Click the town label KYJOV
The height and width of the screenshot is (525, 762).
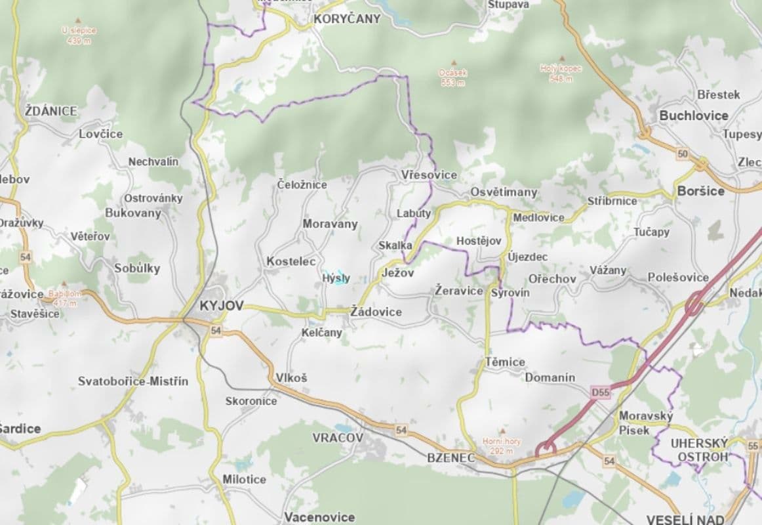pos(221,306)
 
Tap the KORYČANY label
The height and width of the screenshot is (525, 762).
pos(346,19)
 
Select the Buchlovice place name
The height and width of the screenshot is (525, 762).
pos(693,115)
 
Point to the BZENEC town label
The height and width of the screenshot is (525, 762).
pos(450,457)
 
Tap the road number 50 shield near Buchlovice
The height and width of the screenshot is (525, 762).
pos(683,154)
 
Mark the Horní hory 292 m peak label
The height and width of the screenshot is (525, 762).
pos(502,446)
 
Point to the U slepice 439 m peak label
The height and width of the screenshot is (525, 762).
pos(79,35)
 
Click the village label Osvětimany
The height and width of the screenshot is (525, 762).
pos(503,192)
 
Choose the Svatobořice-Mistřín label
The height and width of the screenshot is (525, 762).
pos(132,381)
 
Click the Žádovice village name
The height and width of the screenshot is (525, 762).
pos(376,312)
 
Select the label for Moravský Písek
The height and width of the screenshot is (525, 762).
pos(645,423)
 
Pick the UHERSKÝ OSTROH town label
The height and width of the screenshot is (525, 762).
pos(699,450)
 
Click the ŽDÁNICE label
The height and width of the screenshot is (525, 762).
pos(50,111)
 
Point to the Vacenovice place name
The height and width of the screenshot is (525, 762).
pos(319,517)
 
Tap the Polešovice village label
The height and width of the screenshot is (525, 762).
pos(678,278)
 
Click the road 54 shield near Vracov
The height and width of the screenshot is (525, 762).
pos(401,429)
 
